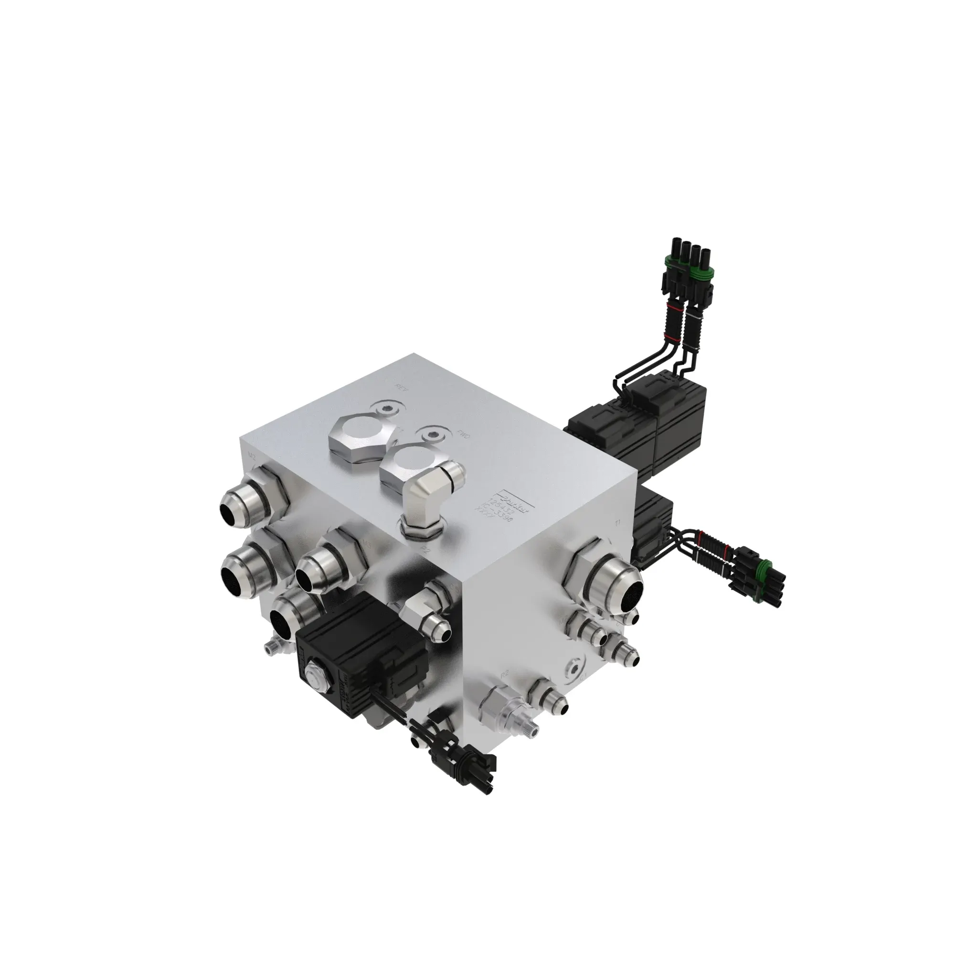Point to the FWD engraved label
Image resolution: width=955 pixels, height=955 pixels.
464,435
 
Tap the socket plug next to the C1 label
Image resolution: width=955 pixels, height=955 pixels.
575,668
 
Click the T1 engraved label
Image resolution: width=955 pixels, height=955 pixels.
617,522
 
